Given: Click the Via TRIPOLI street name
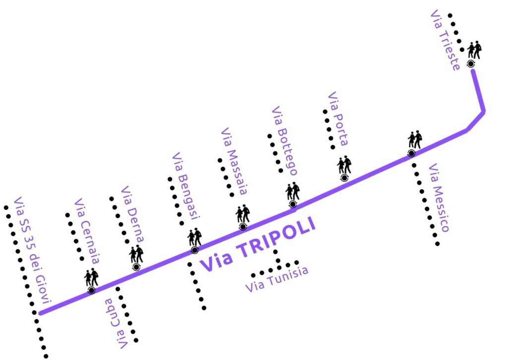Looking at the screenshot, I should (x=257, y=245).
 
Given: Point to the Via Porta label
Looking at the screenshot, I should (x=337, y=119).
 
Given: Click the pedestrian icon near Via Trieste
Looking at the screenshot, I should (x=474, y=50).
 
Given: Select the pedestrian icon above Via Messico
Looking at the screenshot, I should (x=414, y=140).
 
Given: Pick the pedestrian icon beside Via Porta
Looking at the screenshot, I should (x=344, y=165).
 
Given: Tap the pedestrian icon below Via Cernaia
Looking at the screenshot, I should (x=91, y=278).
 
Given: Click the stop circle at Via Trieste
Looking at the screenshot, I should (x=471, y=63).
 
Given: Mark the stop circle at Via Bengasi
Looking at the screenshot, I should (x=194, y=250).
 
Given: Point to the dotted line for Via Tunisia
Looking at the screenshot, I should (x=275, y=268).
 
